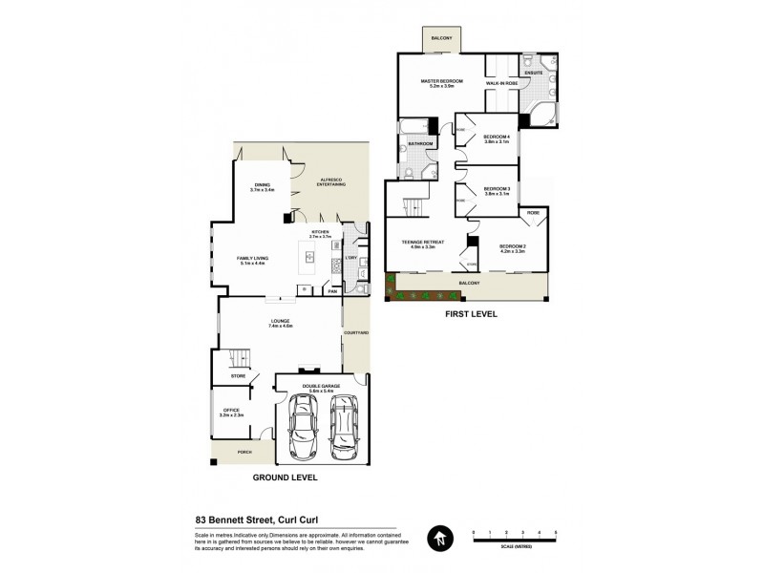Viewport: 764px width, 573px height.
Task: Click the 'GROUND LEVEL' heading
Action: tap(285, 477)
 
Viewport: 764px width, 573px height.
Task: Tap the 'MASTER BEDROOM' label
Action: tap(441, 81)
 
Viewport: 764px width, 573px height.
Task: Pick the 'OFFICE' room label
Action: tap(232, 411)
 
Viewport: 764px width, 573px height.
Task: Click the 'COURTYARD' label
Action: tap(355, 332)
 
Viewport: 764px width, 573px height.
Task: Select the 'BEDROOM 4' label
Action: tap(497, 136)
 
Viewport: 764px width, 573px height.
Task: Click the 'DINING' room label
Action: tap(262, 184)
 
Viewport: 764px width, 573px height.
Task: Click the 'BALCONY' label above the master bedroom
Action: tap(440, 38)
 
